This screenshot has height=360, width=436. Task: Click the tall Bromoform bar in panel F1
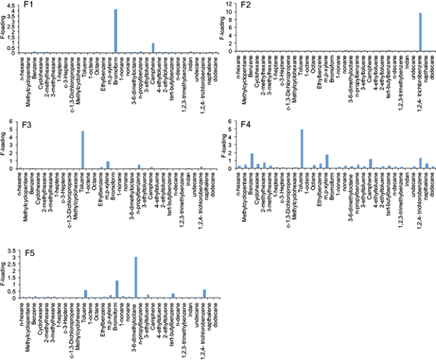click(116, 31)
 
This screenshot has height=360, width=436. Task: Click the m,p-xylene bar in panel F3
click(108, 165)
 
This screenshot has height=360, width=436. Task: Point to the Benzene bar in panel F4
click(251, 161)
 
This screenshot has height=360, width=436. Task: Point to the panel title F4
click(226, 121)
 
